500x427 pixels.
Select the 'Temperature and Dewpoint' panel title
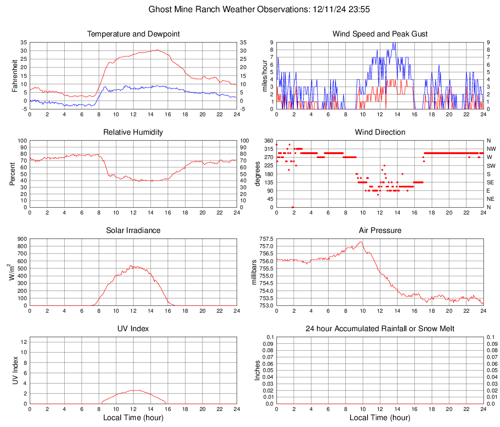133,34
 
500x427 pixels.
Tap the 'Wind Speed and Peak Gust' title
380,34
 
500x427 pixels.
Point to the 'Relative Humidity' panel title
133,132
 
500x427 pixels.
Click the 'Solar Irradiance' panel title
133,231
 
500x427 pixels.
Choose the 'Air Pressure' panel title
380,231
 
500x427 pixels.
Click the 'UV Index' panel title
133,329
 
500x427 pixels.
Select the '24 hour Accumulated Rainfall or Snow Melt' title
380,329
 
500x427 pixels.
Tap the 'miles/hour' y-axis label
258,75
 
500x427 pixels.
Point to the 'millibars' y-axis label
254,272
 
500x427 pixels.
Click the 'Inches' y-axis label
258,370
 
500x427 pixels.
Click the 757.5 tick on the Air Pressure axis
266,239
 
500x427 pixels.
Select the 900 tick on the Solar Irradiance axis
21,239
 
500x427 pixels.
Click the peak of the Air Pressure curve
361,242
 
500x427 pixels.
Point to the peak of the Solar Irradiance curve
130,266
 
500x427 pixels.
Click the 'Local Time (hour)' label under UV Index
133,418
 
